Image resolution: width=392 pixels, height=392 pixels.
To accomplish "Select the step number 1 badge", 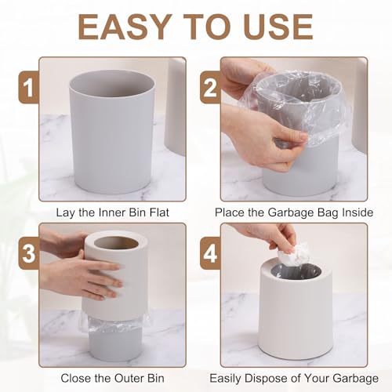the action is [29, 87].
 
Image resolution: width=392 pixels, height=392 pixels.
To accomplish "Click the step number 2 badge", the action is [210, 87].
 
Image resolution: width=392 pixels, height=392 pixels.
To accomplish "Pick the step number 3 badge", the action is [29, 252].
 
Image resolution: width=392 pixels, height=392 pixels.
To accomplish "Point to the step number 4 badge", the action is [210, 252].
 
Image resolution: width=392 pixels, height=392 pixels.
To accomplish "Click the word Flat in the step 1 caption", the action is [159, 212].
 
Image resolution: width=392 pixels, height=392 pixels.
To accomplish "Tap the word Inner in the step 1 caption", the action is [110, 212].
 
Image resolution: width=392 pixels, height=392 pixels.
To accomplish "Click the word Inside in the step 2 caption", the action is [358, 212].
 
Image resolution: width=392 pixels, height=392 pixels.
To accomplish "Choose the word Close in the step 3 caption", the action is [74, 378].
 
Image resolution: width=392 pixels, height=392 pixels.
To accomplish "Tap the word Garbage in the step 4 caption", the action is [355, 379].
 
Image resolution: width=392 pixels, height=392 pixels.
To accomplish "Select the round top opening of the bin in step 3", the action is [116, 243].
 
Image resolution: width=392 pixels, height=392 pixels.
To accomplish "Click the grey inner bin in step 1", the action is [112, 133].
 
